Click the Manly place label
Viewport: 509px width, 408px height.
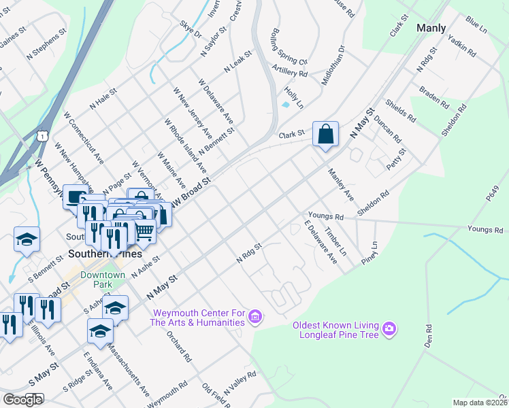[x=431, y=28]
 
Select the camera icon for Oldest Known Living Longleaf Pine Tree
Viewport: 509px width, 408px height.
[x=389, y=330]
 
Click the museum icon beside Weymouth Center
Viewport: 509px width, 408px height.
[x=255, y=316]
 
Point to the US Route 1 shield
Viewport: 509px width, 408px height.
[x=44, y=136]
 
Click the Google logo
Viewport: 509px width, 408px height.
[x=22, y=399]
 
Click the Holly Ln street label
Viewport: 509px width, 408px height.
[x=294, y=93]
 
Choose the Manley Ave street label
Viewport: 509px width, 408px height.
[x=341, y=184]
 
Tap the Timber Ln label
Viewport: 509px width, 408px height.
[x=335, y=241]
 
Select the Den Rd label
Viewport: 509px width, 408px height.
[x=427, y=336]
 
